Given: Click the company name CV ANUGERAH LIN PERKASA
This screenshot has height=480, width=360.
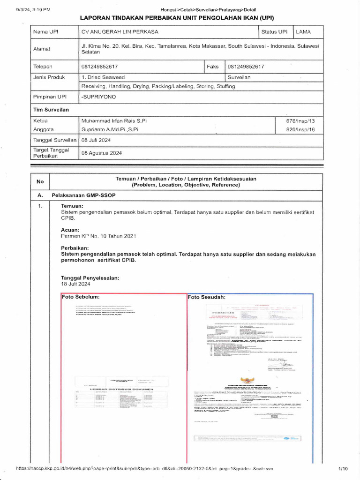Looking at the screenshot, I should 120,32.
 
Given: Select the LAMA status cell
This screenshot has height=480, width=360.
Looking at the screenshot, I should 303,32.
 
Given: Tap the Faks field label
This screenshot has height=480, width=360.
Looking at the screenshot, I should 213,67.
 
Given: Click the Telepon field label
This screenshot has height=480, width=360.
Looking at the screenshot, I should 43,67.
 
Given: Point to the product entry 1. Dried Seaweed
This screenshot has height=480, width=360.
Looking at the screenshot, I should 103,77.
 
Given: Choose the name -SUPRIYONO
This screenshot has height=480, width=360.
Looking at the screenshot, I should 98,97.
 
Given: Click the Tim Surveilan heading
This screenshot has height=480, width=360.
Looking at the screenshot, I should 51,109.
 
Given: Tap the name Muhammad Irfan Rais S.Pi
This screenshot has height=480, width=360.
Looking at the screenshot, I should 114,120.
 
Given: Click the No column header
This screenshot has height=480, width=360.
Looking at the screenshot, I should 40,182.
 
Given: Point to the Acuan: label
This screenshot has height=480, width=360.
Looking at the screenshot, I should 70,230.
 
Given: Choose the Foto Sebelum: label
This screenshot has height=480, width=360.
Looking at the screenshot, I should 81,297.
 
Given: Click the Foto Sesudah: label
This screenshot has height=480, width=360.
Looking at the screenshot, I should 207,297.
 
